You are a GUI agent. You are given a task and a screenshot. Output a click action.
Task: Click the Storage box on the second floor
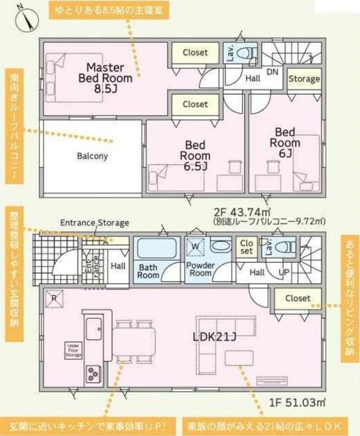click(x=303, y=79)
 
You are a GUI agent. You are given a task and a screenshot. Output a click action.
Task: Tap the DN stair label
click(x=273, y=71)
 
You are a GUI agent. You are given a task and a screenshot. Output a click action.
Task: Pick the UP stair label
click(x=282, y=272)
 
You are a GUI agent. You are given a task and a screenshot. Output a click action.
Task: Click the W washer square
click(x=194, y=247)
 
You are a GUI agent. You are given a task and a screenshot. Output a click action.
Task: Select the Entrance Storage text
click(x=95, y=223)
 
